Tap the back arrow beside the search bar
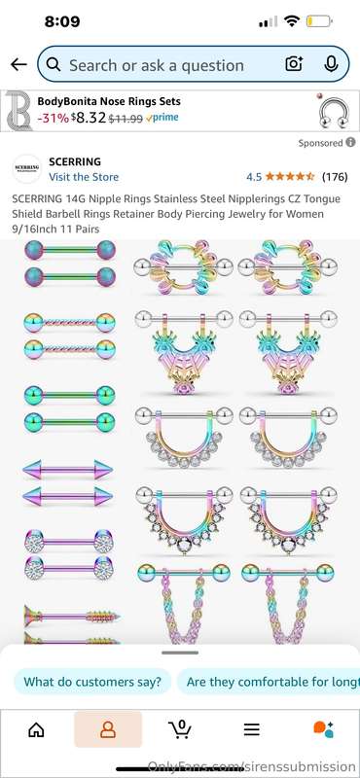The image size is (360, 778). coord(18,64)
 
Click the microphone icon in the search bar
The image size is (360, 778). coord(331,64)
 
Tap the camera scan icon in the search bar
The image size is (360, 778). coord(294,64)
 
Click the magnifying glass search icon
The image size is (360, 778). coord(54,64)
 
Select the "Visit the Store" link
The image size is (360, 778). coord(84,177)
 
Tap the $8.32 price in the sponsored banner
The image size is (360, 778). coord(89,118)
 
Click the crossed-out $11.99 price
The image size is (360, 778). coord(126,118)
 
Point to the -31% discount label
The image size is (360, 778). coord(54,118)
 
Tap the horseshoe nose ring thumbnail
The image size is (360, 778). coord(333,112)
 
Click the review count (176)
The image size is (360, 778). coord(335,177)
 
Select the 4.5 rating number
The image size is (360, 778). coord(254,177)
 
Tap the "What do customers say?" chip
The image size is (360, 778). coord(92,682)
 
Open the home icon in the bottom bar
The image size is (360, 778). coord(36,729)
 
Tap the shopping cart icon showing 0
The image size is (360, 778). coord(180,728)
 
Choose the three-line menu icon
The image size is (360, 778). coord(252,729)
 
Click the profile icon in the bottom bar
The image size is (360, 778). coord(108,729)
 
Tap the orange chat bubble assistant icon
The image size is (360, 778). coord(323,729)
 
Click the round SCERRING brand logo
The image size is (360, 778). coord(26,168)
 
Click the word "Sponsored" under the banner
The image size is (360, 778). coord(320,143)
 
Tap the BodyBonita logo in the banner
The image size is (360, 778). coord(18,111)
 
